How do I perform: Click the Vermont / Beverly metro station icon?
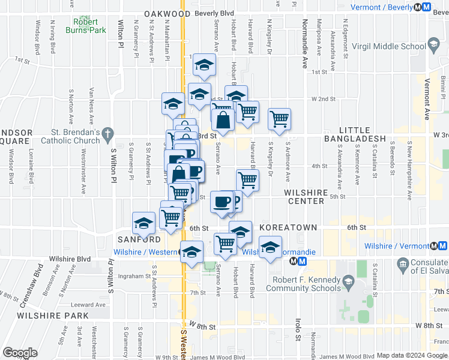[x=426, y=7]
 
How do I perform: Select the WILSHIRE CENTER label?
[x=306, y=197]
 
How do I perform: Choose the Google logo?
[x=20, y=353]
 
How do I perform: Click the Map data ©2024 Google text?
[x=412, y=355]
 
